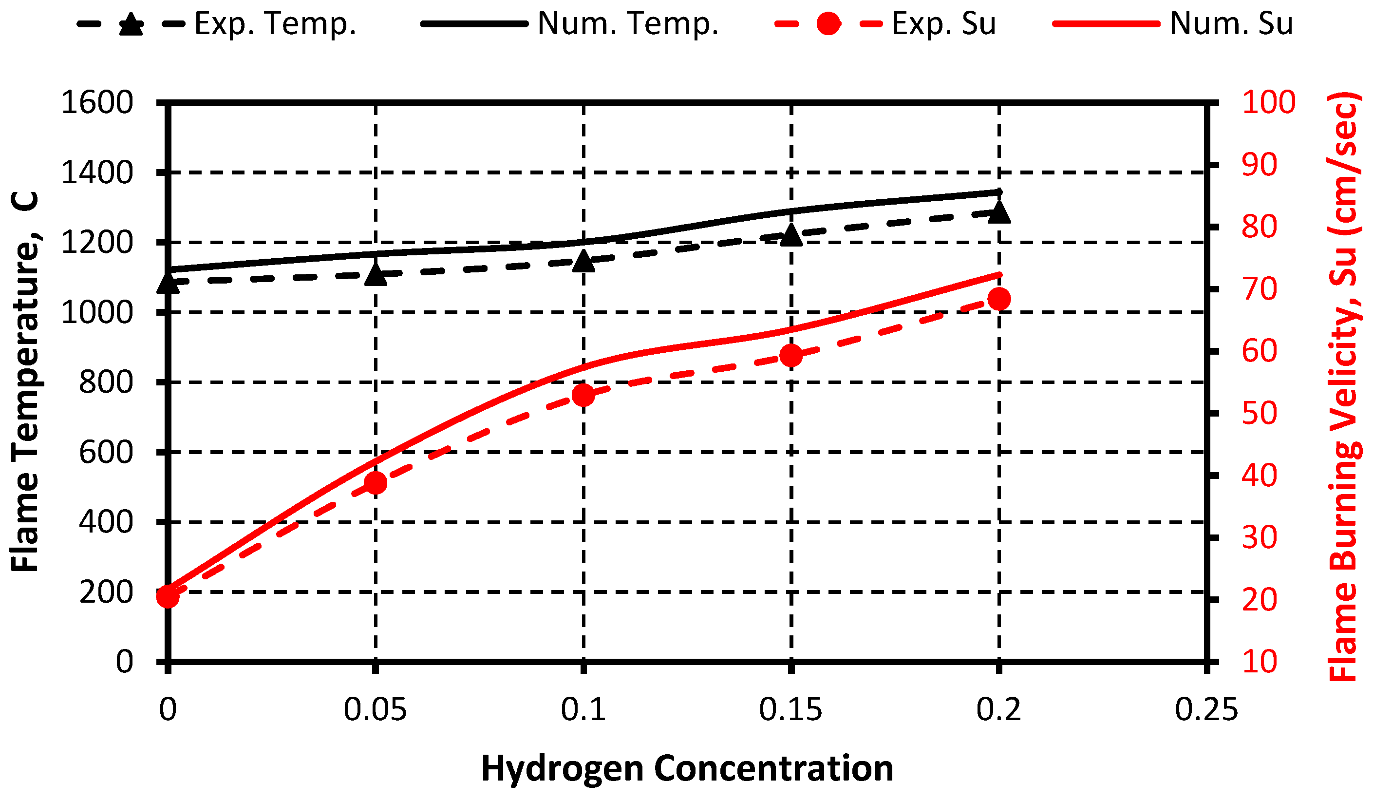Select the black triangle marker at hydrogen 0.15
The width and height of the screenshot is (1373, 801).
click(x=791, y=236)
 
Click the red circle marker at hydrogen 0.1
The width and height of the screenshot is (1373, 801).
click(x=583, y=395)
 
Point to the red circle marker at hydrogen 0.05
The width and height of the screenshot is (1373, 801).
click(x=376, y=483)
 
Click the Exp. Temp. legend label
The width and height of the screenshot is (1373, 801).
click(x=275, y=24)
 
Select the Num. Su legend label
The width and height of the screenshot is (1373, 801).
click(x=1231, y=24)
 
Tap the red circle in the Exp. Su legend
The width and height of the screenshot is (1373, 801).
click(x=828, y=24)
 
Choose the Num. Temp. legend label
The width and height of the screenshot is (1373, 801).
click(x=628, y=24)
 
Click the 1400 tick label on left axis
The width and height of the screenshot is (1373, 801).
click(x=97, y=173)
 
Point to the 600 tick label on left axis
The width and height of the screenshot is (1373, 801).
click(x=106, y=452)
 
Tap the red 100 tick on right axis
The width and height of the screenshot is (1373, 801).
click(x=1268, y=102)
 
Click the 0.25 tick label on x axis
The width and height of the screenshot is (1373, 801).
click(x=1206, y=710)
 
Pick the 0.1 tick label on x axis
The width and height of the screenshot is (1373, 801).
click(x=583, y=710)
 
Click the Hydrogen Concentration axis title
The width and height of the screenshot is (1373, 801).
click(x=687, y=769)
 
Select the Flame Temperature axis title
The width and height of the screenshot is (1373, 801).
click(x=25, y=381)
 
